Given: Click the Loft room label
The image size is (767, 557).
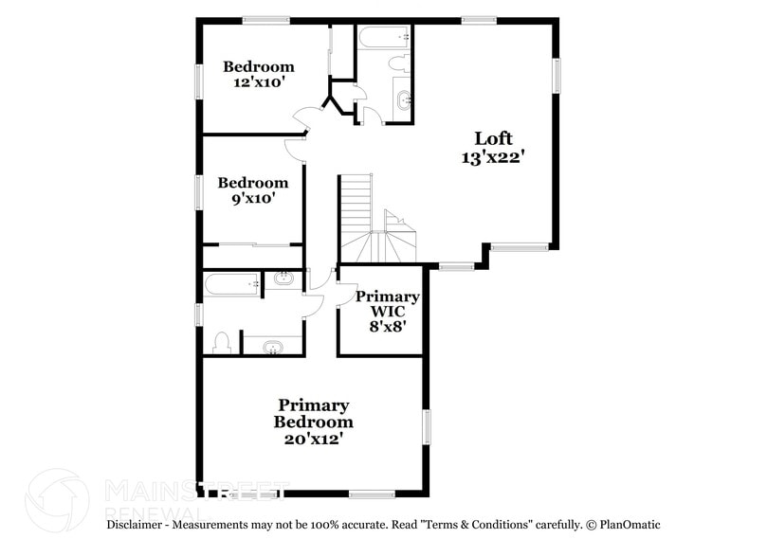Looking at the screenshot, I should pos(493,138).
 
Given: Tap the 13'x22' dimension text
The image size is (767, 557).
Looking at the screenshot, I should pos(493,158).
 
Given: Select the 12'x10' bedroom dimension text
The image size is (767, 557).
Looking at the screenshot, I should pos(259,82).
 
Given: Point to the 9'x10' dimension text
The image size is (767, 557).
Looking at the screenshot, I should pos(253,199).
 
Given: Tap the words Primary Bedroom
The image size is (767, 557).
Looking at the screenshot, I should pos(314,413).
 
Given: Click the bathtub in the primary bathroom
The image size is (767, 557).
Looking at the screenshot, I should pos(231,283).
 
